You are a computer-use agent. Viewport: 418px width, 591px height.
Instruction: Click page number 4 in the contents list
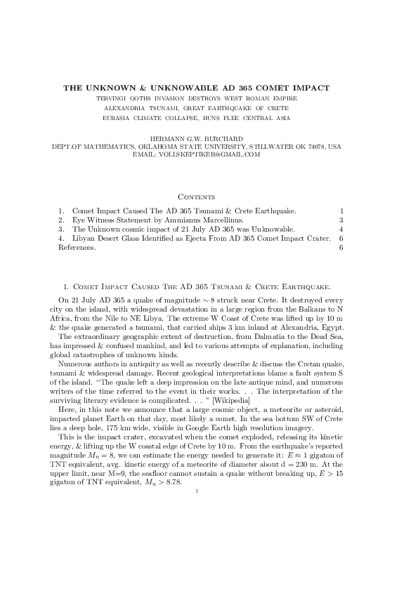click(x=341, y=229)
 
